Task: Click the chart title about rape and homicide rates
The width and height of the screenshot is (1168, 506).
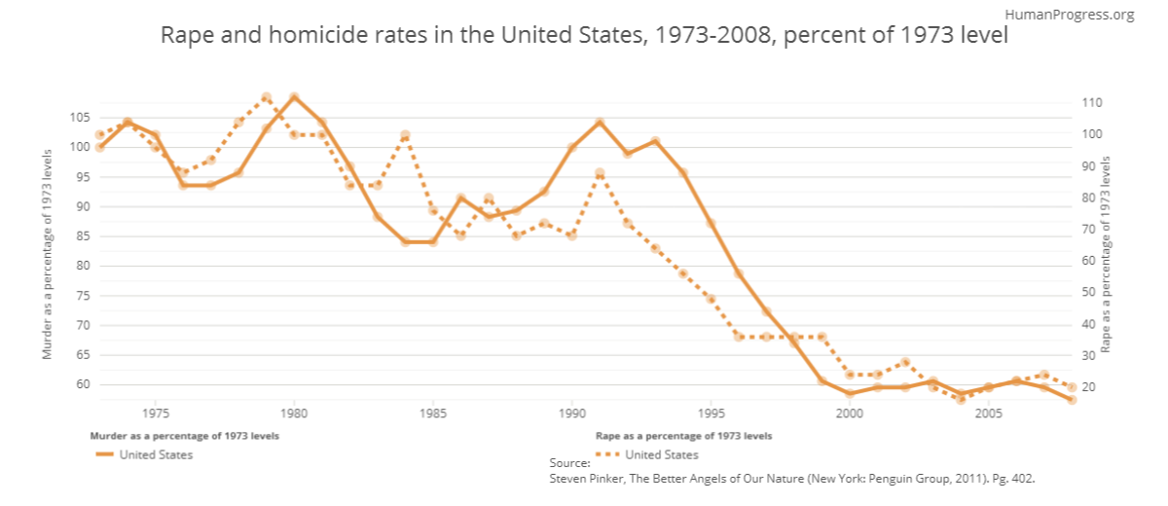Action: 584,37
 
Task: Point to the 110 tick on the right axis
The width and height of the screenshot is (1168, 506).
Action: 1090,102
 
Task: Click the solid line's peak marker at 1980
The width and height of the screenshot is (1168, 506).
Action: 295,97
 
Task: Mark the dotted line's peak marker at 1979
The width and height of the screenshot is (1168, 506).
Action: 267,97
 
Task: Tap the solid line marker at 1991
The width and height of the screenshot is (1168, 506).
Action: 600,123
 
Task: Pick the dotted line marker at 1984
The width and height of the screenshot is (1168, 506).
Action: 405,135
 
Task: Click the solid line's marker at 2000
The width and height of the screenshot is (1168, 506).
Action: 850,393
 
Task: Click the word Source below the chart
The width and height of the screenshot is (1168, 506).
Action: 569,464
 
